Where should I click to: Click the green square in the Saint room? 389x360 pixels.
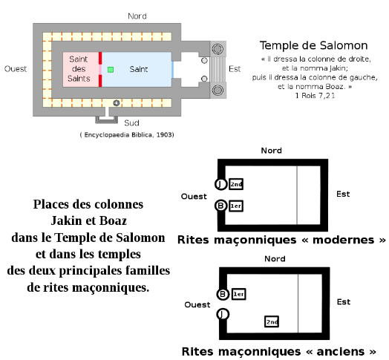click(111, 70)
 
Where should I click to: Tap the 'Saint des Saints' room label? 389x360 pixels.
click(79, 69)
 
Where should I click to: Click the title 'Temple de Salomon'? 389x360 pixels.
click(313, 46)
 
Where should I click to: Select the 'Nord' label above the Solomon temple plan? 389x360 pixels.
click(137, 16)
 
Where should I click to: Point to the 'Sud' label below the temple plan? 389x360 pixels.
click(131, 122)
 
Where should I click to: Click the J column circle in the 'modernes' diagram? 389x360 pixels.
click(220, 184)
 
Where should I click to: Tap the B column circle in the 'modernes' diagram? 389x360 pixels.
click(220, 206)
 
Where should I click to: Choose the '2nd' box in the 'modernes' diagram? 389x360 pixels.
click(236, 184)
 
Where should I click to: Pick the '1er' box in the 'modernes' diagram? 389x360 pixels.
click(236, 206)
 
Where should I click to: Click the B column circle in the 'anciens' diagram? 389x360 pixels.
click(223, 294)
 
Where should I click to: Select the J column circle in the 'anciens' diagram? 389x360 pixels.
click(223, 314)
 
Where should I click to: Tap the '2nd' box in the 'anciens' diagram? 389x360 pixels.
click(272, 321)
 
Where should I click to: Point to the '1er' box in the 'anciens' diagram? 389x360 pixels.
click(238, 294)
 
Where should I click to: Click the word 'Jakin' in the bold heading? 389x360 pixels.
click(67, 220)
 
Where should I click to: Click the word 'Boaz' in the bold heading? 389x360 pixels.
click(114, 220)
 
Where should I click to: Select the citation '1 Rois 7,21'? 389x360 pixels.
click(315, 96)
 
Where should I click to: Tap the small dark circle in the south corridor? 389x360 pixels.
click(117, 103)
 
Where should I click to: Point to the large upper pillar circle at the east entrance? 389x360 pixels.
click(218, 49)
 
